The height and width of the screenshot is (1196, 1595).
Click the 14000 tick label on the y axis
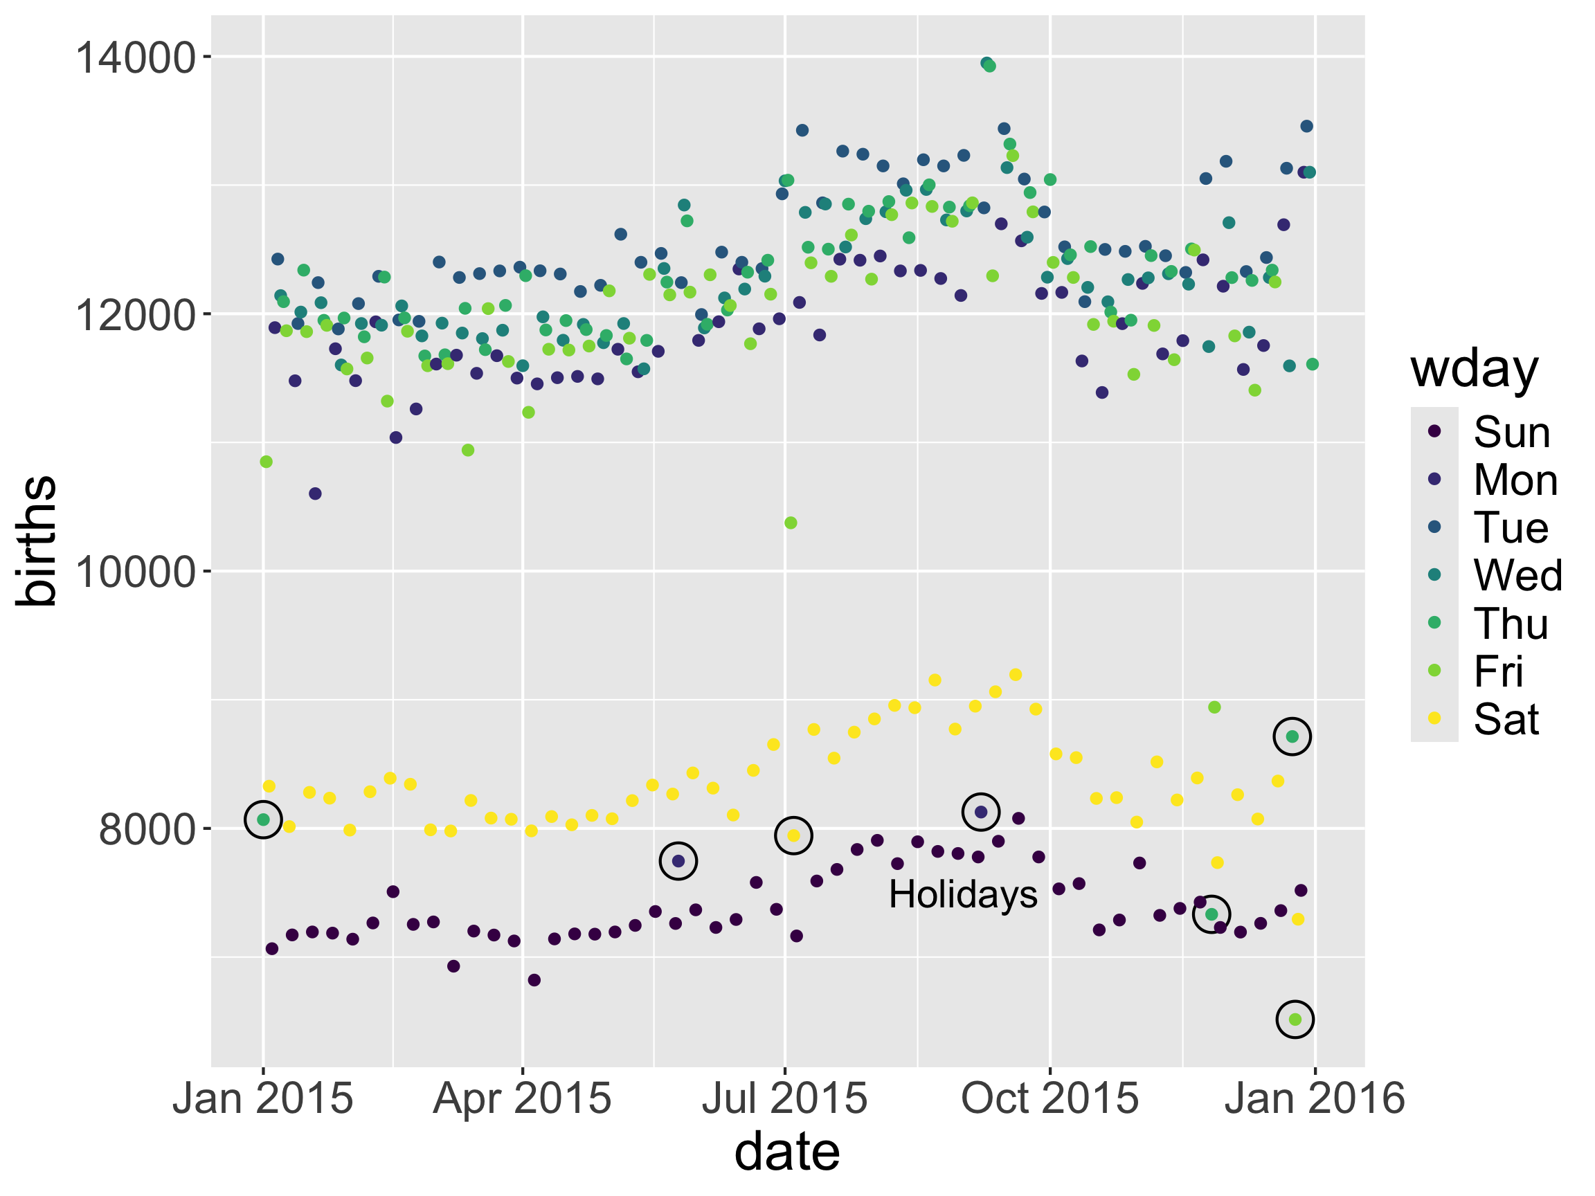[x=136, y=57]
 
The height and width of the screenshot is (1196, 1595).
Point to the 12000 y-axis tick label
[x=136, y=315]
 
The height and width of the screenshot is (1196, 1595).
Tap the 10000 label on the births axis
[x=136, y=572]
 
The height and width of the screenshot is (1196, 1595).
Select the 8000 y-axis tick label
[x=147, y=830]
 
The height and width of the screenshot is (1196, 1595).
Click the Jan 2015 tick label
[x=262, y=1098]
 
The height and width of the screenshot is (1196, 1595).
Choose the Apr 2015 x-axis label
[x=522, y=1098]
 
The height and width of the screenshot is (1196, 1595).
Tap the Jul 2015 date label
[x=784, y=1098]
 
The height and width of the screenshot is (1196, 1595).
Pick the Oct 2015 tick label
[x=1050, y=1098]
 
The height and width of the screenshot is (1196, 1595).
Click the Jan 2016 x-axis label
[x=1315, y=1098]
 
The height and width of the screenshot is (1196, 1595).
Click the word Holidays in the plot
[x=963, y=895]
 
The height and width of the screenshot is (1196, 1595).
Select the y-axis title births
[x=36, y=541]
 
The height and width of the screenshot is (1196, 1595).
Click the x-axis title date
[x=786, y=1152]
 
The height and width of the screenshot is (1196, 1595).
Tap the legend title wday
[x=1474, y=369]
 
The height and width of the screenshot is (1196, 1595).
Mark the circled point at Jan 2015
[x=263, y=819]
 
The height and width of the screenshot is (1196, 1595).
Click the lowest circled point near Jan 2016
[x=1295, y=1020]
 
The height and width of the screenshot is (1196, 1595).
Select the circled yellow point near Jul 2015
[x=793, y=835]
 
